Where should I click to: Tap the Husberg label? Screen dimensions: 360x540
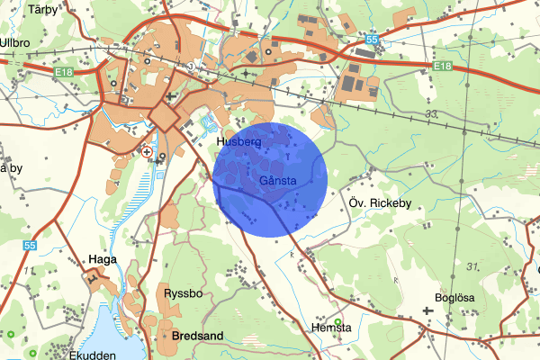238,142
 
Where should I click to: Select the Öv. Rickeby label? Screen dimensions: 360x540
379,203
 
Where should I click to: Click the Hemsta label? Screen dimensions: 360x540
332,328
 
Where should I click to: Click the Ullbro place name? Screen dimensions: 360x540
17,41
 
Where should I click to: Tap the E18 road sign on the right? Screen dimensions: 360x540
440,67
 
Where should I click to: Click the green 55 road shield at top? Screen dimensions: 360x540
373,40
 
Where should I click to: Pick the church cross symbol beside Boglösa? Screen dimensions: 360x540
427,311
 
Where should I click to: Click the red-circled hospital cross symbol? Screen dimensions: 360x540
147,153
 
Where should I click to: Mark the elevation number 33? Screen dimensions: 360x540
431,113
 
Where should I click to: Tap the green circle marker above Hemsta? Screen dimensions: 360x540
337,322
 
